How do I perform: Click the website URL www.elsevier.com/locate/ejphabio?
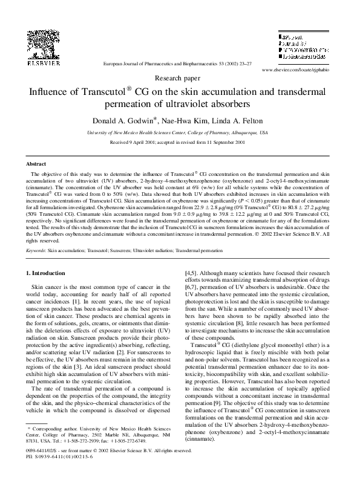[x=296, y=70]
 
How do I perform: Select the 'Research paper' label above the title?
[x=179, y=79]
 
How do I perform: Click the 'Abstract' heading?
[x=36, y=164]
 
